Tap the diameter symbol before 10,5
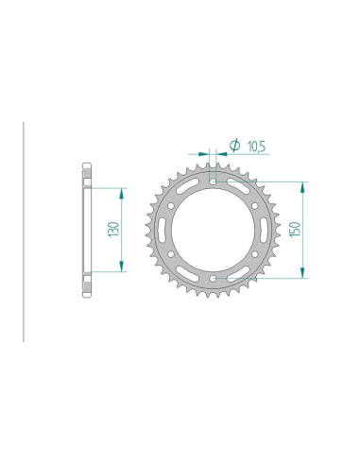tap(233, 146)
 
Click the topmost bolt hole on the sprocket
tap(214, 181)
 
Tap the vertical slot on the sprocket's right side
tap(263, 230)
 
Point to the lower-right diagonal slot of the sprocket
tap(238, 272)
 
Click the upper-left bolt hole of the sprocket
tap(171, 205)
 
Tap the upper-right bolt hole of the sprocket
tap(256, 205)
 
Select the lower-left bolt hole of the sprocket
tap(171, 254)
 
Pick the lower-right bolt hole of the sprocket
tap(256, 254)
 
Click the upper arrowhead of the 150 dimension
tap(301, 185)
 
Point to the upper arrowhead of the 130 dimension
tap(121, 191)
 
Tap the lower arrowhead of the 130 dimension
tap(121, 268)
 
